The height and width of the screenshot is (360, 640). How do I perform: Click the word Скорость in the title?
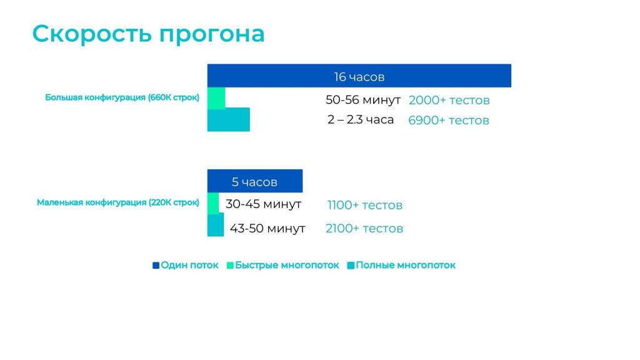(x=92, y=34)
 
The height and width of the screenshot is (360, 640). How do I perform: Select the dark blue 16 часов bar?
(x=359, y=76)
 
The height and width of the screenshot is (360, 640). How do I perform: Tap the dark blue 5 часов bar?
(x=255, y=181)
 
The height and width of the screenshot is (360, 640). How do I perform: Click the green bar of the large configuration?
(x=216, y=98)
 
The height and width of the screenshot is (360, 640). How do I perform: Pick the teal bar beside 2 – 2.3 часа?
(x=229, y=119)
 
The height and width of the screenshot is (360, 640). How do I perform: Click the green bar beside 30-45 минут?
(x=213, y=203)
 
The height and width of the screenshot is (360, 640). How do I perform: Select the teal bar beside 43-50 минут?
(x=216, y=224)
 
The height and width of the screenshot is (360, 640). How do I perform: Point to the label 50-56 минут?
(x=363, y=99)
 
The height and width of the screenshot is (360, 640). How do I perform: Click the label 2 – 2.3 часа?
(x=361, y=119)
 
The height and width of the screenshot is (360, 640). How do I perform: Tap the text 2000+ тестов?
(x=449, y=100)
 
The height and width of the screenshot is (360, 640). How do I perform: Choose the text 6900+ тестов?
(x=449, y=120)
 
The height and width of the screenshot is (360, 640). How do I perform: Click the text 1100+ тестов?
(x=365, y=205)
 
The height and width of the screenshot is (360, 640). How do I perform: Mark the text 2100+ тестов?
(x=364, y=228)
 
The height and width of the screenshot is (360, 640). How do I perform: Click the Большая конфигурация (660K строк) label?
(x=122, y=97)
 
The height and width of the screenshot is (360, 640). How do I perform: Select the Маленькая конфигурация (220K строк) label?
(x=118, y=202)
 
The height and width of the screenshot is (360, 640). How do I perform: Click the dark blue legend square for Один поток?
(x=156, y=265)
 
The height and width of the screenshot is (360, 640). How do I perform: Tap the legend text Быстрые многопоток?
(x=287, y=265)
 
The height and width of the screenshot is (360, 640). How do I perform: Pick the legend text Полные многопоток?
(x=406, y=265)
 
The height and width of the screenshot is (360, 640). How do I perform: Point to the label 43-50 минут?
(x=267, y=228)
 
